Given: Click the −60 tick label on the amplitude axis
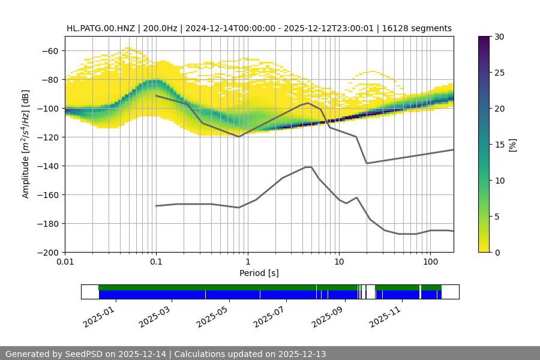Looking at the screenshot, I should coord(49,50).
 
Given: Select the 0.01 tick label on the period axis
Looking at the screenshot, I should coord(65,262).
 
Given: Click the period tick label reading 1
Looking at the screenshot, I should coord(247,262).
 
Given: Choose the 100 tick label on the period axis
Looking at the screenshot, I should coord(430,262).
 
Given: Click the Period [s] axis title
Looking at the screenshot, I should coord(259,273).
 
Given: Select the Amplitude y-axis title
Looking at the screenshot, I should coord(26,144).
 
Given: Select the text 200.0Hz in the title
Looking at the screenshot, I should coord(160,28).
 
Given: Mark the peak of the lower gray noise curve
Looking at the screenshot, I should coord(308,167).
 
